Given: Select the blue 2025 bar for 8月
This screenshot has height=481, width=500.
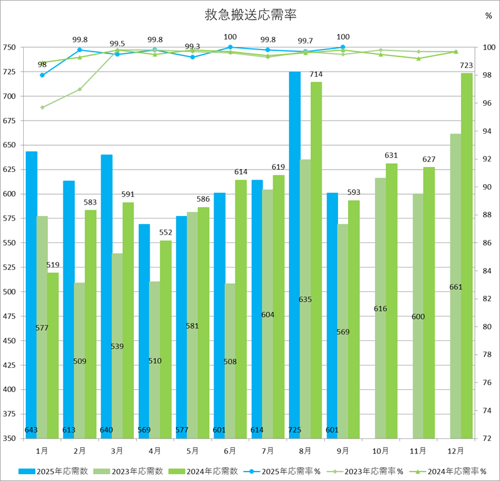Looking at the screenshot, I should click(295, 251).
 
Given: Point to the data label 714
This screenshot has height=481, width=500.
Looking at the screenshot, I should click(316, 75).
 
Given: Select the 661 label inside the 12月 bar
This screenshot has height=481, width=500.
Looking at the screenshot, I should click(456, 287).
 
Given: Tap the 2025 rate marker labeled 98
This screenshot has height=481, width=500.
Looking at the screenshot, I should click(42, 75).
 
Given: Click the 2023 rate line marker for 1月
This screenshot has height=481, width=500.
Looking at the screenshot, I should click(42, 107).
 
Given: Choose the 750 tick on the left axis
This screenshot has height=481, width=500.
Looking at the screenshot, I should click(9, 48).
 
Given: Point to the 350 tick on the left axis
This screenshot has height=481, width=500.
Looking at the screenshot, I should click(9, 438).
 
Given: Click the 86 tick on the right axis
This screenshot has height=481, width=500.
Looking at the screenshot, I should click(487, 243).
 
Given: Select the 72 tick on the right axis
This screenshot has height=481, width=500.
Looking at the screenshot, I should click(487, 438).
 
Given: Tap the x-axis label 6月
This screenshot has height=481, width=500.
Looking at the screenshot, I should click(230, 451).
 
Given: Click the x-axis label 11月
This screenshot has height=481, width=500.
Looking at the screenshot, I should click(418, 451).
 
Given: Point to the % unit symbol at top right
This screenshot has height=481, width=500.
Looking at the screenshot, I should click(488, 16).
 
